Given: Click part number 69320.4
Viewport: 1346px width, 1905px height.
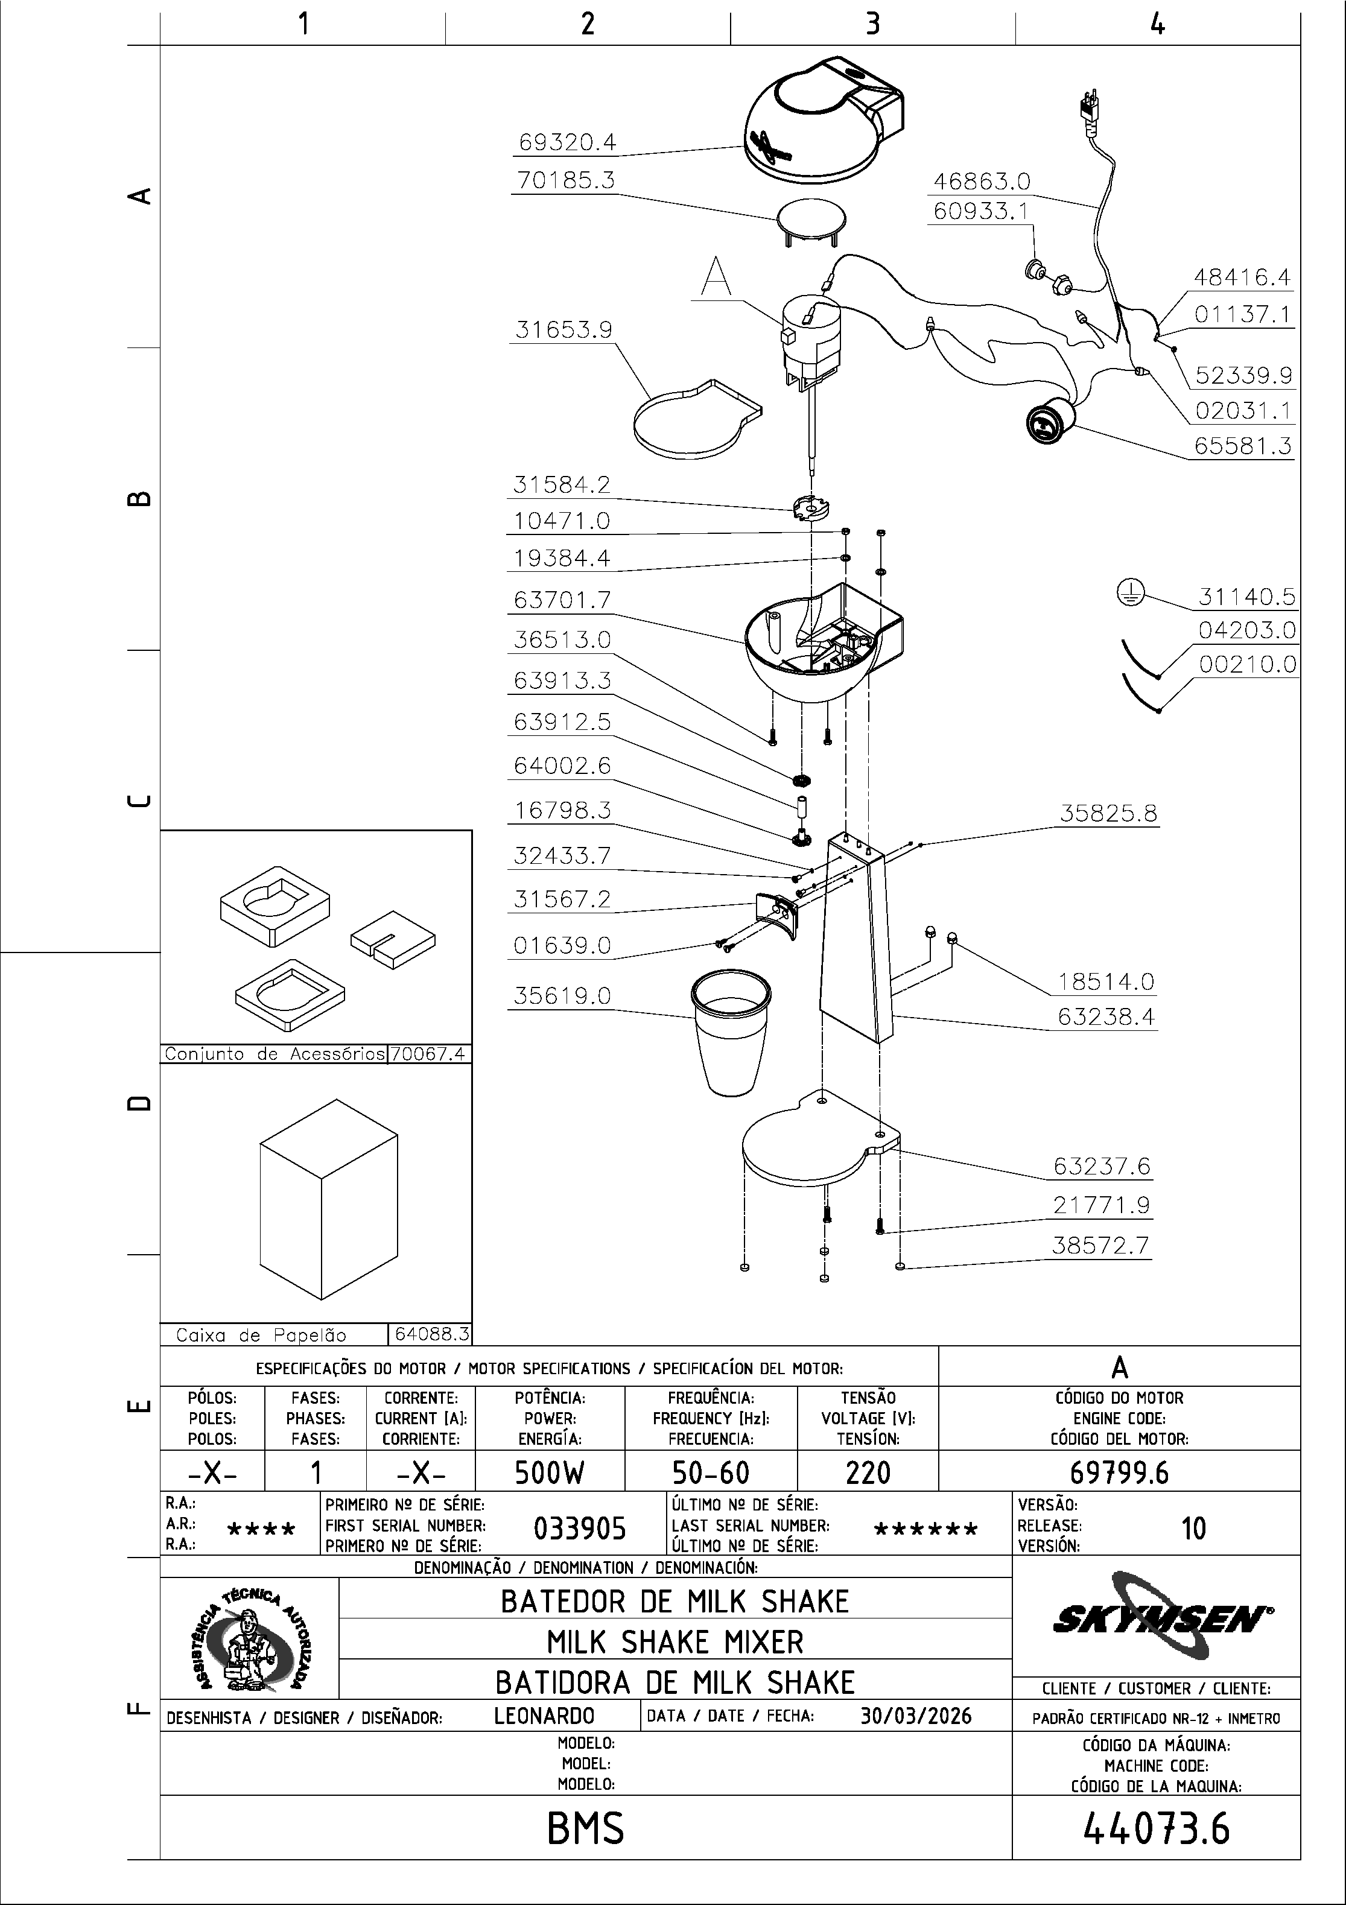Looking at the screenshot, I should coord(567,143).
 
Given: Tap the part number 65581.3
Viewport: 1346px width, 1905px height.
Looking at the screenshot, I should coord(1242,446).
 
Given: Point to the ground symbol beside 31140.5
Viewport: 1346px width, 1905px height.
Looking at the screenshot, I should coord(1129,592).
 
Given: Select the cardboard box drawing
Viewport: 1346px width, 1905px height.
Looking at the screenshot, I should coord(329,1199).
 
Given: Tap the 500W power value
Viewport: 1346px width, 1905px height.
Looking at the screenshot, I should coord(550,1472).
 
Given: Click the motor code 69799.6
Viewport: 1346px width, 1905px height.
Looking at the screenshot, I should coord(1119,1472).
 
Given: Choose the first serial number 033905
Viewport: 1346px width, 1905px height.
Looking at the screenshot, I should coord(579,1527).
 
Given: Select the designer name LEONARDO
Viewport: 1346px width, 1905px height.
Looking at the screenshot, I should coord(544,1716).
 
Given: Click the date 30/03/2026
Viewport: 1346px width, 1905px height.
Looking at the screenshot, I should coord(915,1716).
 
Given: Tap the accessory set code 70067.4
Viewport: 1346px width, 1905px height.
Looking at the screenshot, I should coord(429,1054).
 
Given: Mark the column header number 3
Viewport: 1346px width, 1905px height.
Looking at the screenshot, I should coord(872,24).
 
